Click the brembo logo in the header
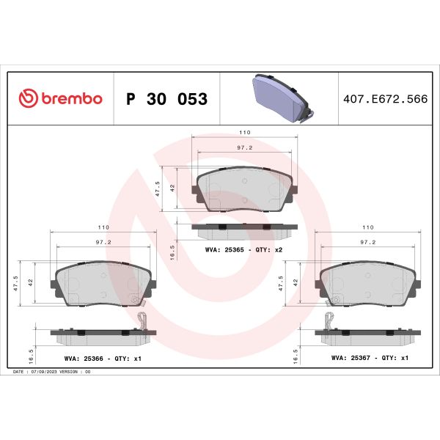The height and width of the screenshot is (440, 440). (x=60, y=99)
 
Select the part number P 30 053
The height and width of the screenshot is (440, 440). (x=167, y=99)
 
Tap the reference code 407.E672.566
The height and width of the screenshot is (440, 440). (x=386, y=99)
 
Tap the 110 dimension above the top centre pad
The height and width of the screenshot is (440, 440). (x=244, y=132)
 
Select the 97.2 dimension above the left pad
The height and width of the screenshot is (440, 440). (x=103, y=241)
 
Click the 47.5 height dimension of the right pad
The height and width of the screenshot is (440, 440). (x=281, y=284)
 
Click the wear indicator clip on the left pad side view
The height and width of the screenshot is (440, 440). (x=143, y=320)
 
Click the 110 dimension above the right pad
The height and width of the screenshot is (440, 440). (x=368, y=227)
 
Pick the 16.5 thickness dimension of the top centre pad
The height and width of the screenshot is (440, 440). (x=172, y=250)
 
